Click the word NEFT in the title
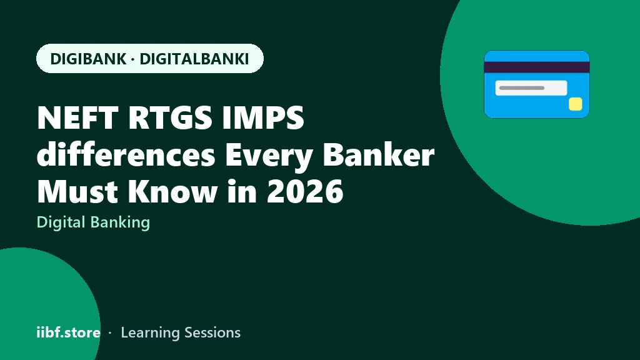point(77,118)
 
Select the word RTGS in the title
point(170,118)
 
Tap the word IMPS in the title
point(263,118)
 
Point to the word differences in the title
point(126,154)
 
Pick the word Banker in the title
point(378,154)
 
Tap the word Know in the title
point(172,191)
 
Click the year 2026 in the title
point(305,191)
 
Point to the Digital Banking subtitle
point(94,223)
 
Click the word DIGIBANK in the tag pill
point(88,59)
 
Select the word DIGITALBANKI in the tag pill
point(194,59)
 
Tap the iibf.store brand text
point(69,332)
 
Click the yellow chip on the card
point(576,104)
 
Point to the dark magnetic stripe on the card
point(537,67)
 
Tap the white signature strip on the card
point(531,87)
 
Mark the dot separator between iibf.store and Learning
point(110,333)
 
